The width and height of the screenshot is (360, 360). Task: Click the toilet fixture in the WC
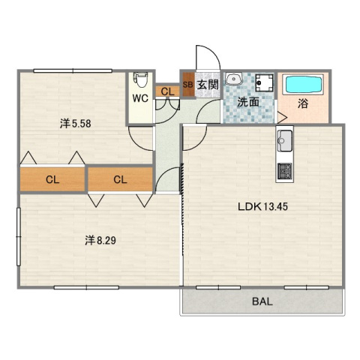tap(140, 79)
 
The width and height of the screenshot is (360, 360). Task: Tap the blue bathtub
tap(304, 85)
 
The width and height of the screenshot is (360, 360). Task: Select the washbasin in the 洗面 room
tap(234, 79)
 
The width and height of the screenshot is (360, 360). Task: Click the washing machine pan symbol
tap(265, 82)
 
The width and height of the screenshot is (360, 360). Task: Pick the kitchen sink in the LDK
tap(284, 141)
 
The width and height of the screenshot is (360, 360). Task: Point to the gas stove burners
tap(284, 171)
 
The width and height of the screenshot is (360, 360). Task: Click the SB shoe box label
tap(188, 85)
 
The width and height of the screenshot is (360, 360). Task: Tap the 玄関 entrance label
tap(208, 85)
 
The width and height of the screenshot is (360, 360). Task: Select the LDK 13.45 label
tap(262, 207)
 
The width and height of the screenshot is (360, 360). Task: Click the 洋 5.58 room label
tap(75, 124)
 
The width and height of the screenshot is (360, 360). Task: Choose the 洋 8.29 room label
tap(100, 241)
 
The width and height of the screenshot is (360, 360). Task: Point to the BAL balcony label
tap(262, 301)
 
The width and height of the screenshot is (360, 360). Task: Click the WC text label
tap(140, 98)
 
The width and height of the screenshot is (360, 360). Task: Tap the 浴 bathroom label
tap(303, 103)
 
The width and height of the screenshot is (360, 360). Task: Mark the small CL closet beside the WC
tap(167, 91)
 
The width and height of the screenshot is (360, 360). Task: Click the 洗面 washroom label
tap(248, 102)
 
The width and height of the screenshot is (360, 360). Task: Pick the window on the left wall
tap(18, 236)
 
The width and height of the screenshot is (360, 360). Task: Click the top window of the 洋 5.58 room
tap(73, 71)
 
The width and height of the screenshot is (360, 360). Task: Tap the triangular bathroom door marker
tap(282, 118)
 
